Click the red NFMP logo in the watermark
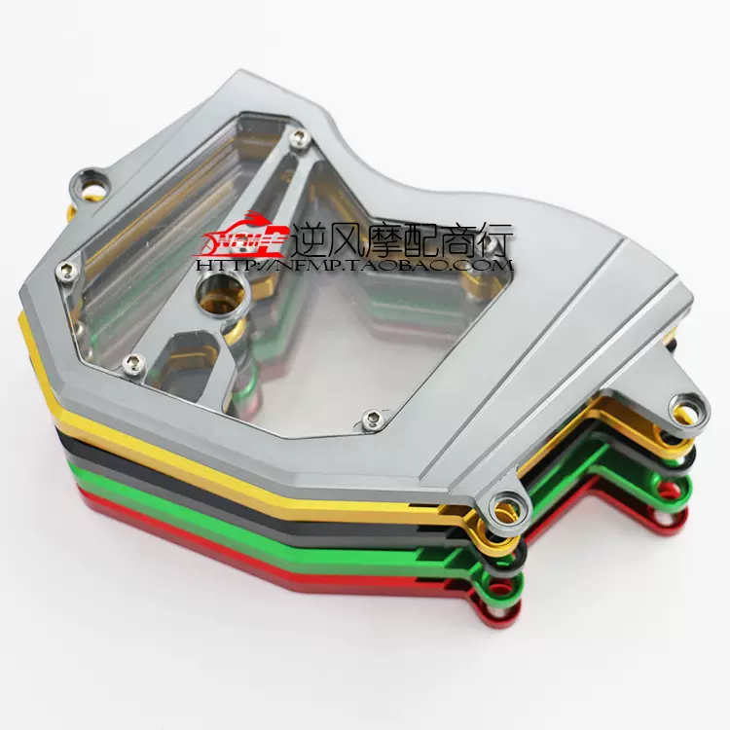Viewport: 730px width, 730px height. tap(245, 237)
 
